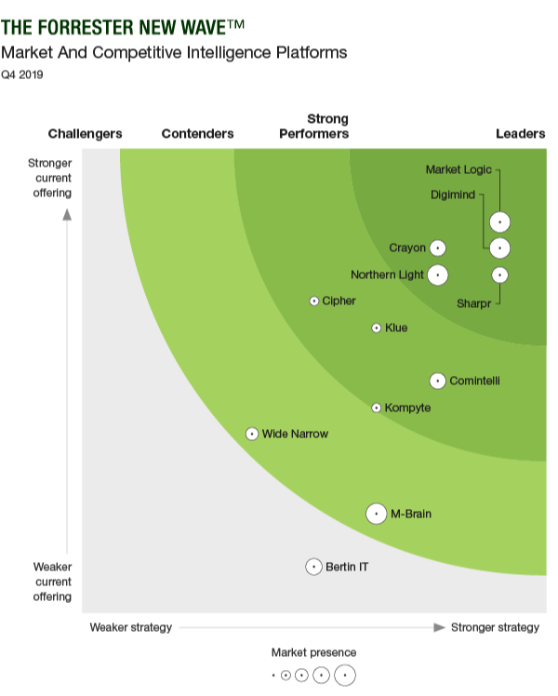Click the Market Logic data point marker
click(500, 221)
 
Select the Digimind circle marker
click(500, 248)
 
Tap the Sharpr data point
click(500, 274)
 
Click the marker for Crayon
click(437, 248)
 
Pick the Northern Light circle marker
click(437, 274)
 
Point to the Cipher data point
click(314, 301)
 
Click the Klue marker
click(377, 328)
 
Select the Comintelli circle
click(437, 381)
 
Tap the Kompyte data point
click(377, 408)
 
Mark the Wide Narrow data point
click(252, 434)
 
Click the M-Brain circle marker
click(376, 514)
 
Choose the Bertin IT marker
click(314, 567)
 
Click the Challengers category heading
click(85, 134)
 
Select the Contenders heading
click(197, 134)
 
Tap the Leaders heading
click(520, 134)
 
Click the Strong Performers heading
click(314, 127)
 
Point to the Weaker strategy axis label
click(130, 627)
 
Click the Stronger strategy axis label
click(495, 627)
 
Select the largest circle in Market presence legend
click(345, 676)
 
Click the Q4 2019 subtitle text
click(22, 74)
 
